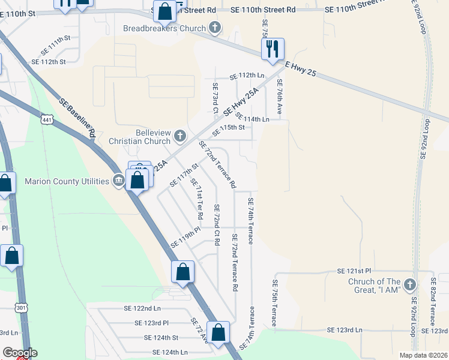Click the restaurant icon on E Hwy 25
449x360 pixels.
click(273, 49)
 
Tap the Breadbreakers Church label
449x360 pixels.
click(164, 28)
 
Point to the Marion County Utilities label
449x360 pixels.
click(67, 181)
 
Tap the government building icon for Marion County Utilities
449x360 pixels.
click(118, 181)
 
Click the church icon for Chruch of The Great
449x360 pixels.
click(410, 284)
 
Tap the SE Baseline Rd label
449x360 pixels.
click(78, 119)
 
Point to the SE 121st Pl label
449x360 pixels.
click(355, 271)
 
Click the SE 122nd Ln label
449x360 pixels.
click(142, 308)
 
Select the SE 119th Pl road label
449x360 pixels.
click(185, 238)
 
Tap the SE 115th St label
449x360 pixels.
click(228, 127)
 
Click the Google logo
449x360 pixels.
click(20, 353)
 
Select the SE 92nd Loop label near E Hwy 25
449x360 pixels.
click(426, 138)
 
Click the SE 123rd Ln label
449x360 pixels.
click(345, 330)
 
